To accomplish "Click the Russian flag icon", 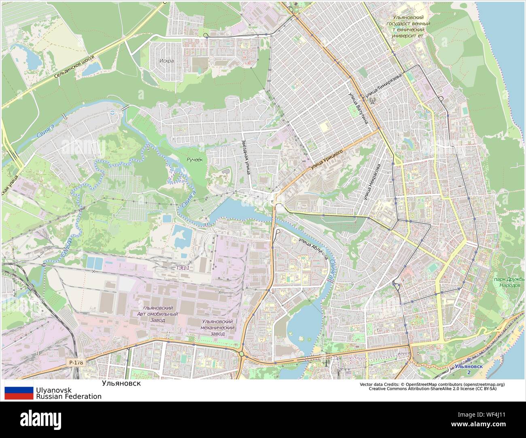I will [19, 393].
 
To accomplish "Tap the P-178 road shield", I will [76, 362].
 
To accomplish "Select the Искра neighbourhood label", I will [166, 61].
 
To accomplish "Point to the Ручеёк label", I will [194, 160].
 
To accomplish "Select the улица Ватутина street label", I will [358, 107].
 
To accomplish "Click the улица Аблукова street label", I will [312, 248].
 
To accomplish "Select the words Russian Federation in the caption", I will [69, 396].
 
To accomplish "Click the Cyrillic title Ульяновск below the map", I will [121, 383].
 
